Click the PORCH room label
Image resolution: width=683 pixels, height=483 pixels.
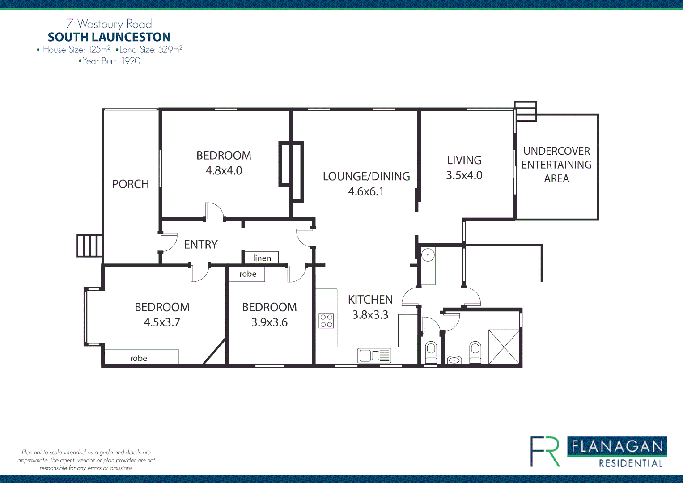[130, 184]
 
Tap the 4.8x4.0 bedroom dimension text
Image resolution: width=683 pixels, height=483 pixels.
[224, 171]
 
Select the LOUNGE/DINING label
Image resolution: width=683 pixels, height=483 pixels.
[366, 177]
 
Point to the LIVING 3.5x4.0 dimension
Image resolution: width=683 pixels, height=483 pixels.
[464, 175]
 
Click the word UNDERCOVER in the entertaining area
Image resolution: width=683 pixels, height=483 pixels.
[556, 151]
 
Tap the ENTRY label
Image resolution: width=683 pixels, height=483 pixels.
[201, 245]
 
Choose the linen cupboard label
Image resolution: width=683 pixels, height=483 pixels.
[262, 258]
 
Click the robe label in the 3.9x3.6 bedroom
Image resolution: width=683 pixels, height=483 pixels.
[248, 274]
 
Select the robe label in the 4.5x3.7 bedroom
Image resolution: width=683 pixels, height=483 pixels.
[139, 358]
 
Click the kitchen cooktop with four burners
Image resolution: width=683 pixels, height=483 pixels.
[326, 321]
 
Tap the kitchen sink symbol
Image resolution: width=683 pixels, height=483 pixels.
[374, 356]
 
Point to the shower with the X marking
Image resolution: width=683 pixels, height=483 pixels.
[504, 347]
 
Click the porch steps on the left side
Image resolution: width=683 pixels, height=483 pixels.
[89, 246]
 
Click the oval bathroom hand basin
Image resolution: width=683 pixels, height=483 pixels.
[454, 360]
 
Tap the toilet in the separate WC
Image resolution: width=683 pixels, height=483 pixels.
[431, 352]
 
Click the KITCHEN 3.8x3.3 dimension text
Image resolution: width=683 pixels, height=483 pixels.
[370, 315]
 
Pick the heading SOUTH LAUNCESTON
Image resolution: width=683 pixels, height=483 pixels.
[109, 37]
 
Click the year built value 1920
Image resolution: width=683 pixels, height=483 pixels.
[131, 61]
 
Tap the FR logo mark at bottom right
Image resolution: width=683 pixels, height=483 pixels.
[545, 452]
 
